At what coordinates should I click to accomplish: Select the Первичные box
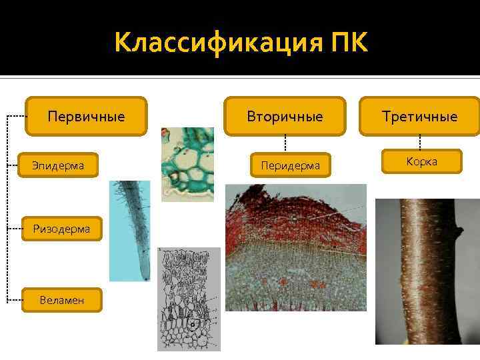(86, 117)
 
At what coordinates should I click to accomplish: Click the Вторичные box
(285, 117)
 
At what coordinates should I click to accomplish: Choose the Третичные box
(420, 117)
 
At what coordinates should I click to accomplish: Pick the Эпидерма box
(59, 165)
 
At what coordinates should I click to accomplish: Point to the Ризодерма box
(62, 229)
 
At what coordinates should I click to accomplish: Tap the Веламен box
(62, 300)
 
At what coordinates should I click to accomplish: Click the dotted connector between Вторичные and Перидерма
(285, 143)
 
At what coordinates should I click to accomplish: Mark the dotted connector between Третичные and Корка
(420, 142)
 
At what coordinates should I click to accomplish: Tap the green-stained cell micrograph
(187, 164)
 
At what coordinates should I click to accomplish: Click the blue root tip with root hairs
(131, 230)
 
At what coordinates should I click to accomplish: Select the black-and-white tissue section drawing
(189, 299)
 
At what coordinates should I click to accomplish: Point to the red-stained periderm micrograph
(295, 247)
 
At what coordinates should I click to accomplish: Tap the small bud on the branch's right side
(457, 231)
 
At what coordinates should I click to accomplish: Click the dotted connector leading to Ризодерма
(16, 229)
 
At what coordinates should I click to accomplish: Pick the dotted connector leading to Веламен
(16, 300)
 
